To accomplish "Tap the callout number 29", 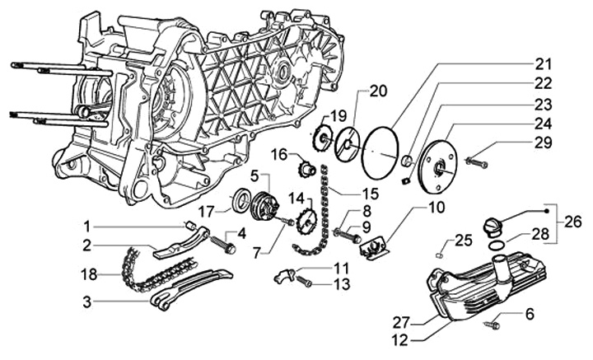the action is pos(543,143).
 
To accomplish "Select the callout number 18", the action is pos(89,274).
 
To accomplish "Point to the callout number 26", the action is pos(573,222).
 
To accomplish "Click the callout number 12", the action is pos(400,341).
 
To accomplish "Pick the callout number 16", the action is pos(280,155).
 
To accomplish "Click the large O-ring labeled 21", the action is pos(381,152).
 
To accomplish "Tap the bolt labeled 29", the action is pos(476,163).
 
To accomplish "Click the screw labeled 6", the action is pos(492,324).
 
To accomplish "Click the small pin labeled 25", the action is pos(439,254).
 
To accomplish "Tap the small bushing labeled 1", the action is pos(191,226).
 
